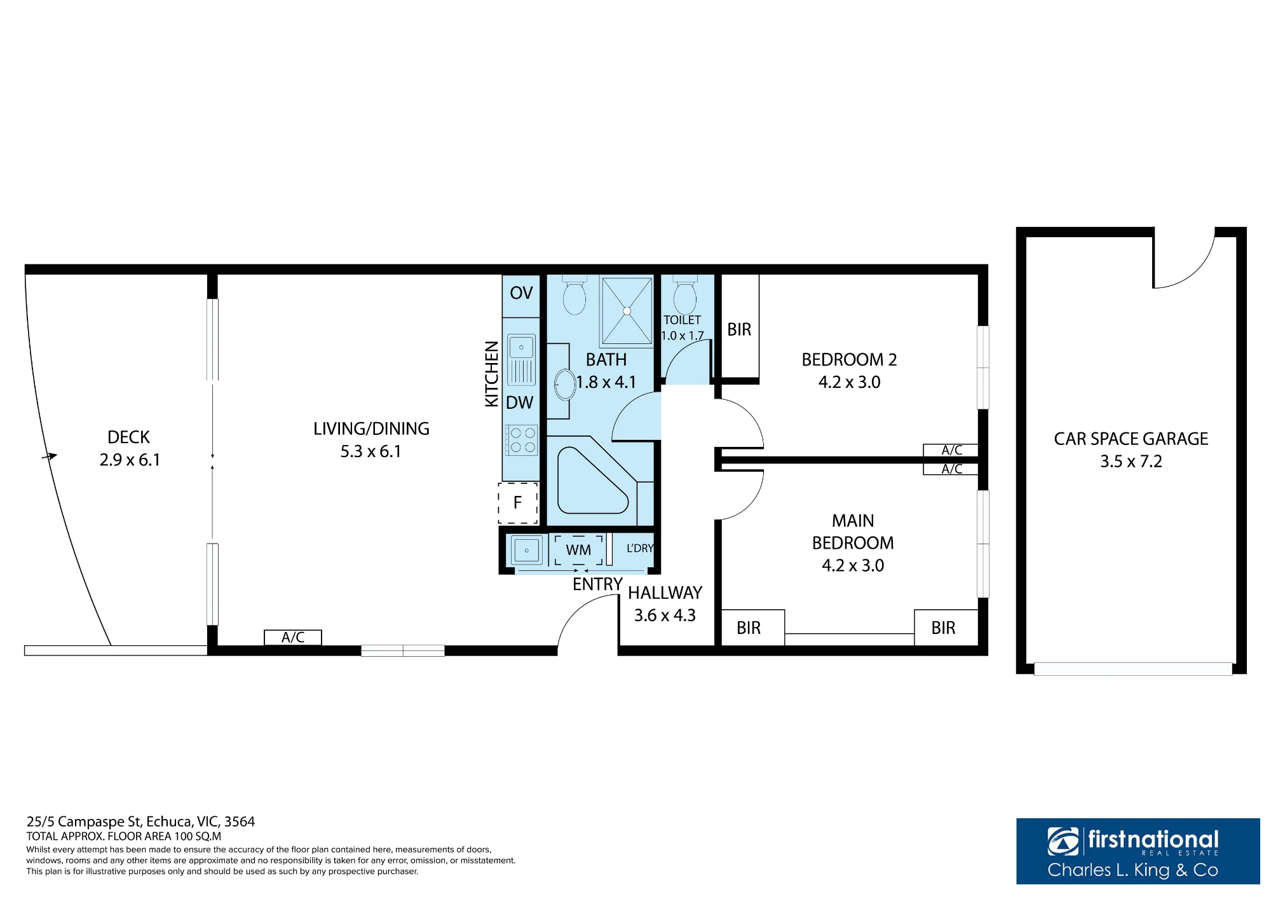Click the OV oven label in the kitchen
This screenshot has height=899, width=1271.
(521, 293)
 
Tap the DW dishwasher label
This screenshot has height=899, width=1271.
(520, 402)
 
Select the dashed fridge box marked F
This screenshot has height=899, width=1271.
(518, 503)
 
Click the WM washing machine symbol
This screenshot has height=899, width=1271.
(578, 550)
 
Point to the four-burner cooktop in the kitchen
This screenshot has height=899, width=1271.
(522, 440)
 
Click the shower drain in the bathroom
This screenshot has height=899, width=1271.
(627, 311)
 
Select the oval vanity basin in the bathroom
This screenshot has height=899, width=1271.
(564, 385)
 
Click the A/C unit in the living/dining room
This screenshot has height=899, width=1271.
(293, 637)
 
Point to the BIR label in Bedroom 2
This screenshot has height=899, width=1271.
(739, 329)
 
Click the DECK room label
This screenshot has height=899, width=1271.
(129, 437)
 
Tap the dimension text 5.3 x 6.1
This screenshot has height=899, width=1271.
(371, 451)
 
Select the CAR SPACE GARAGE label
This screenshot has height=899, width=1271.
(1131, 439)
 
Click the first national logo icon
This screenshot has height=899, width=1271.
(1063, 841)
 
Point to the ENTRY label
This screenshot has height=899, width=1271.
(597, 584)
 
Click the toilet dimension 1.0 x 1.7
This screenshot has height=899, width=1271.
(683, 336)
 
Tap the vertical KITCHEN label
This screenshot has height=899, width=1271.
(492, 374)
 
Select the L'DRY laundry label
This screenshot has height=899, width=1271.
(640, 548)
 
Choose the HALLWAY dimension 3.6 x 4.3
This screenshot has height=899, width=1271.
(665, 615)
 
